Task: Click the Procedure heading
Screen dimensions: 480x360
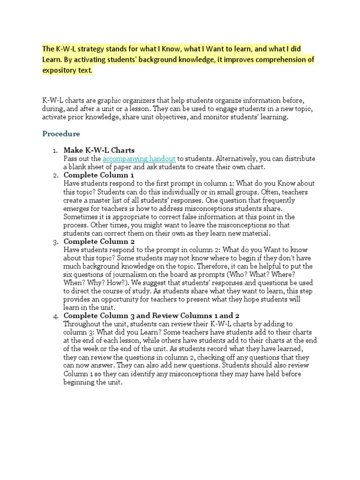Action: (x=61, y=134)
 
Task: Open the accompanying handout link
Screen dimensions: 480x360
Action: (x=139, y=159)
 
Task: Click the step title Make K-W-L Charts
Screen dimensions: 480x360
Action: (x=99, y=150)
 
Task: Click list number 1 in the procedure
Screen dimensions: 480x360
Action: (x=55, y=150)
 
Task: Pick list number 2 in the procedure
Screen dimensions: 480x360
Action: (x=55, y=175)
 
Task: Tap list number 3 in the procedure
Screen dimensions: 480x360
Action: (x=55, y=242)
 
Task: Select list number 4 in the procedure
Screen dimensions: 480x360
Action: (x=55, y=316)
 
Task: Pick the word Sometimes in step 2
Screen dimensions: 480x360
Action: (x=80, y=217)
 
